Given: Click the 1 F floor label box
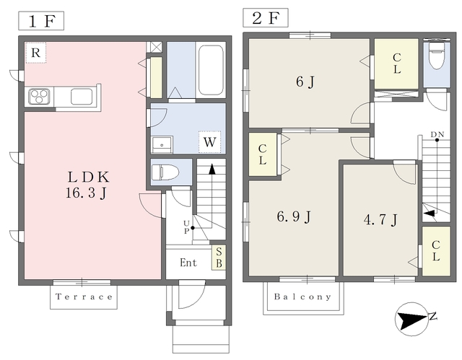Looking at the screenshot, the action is coord(41,21).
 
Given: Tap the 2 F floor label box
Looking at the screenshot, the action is coord(266,17).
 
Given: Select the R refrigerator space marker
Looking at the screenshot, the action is coord(35,53).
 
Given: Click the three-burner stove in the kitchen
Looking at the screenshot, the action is coord(39,96).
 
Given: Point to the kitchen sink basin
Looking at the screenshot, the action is coord(82,96).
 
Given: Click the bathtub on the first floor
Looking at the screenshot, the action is coord(210,70).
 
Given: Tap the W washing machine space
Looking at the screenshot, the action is coord(210,142).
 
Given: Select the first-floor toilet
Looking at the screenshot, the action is coord(165,172).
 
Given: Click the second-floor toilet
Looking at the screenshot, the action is coord(437,56).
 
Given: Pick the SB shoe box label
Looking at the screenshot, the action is coord(219,258).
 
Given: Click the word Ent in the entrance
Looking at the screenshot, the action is coord(188,263).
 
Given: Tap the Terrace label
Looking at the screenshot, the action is coord(84,297).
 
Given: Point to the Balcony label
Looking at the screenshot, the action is coord(302,297).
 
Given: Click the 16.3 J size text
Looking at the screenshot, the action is coord(86,193).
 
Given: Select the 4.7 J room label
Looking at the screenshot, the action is coord(380,219).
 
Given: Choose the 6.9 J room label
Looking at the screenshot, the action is coord(294,217).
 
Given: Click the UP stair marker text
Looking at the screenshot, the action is coord(186,227).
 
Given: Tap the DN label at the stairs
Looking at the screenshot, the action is coord(437,134).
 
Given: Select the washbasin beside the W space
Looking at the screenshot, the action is coord(162,144).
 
